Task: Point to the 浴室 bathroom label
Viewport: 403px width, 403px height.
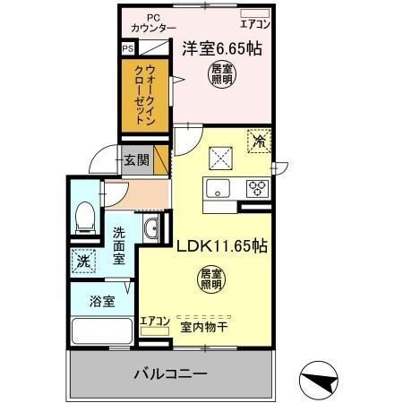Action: tap(102, 302)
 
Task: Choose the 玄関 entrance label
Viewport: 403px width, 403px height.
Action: tap(136, 161)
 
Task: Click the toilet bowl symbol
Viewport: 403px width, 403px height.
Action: tap(86, 215)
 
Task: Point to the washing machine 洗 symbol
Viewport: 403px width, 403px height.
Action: tap(81, 262)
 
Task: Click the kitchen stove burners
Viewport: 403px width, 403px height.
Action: tap(257, 188)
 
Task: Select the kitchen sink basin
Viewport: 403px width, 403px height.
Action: tap(218, 188)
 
